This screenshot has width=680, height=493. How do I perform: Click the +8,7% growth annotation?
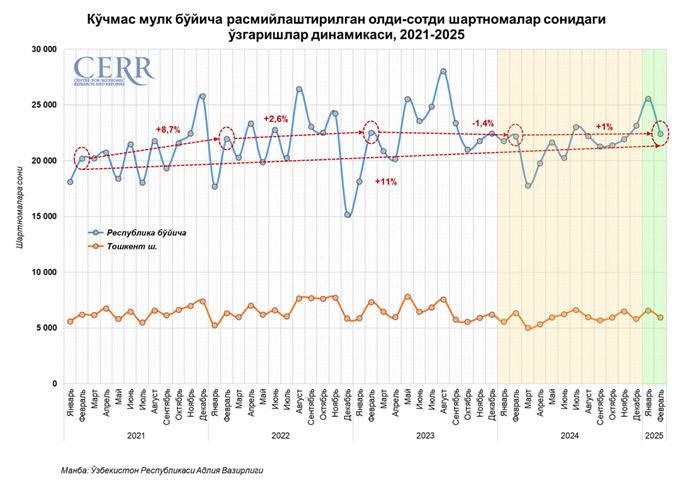168,130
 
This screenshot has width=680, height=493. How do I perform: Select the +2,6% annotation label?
275,119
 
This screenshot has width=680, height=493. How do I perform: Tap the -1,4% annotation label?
484,122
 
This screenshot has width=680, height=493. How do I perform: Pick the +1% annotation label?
604,127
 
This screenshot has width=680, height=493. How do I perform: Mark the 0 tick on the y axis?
52,384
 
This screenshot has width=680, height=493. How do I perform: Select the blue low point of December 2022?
347,214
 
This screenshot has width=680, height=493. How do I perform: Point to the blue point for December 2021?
202,96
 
